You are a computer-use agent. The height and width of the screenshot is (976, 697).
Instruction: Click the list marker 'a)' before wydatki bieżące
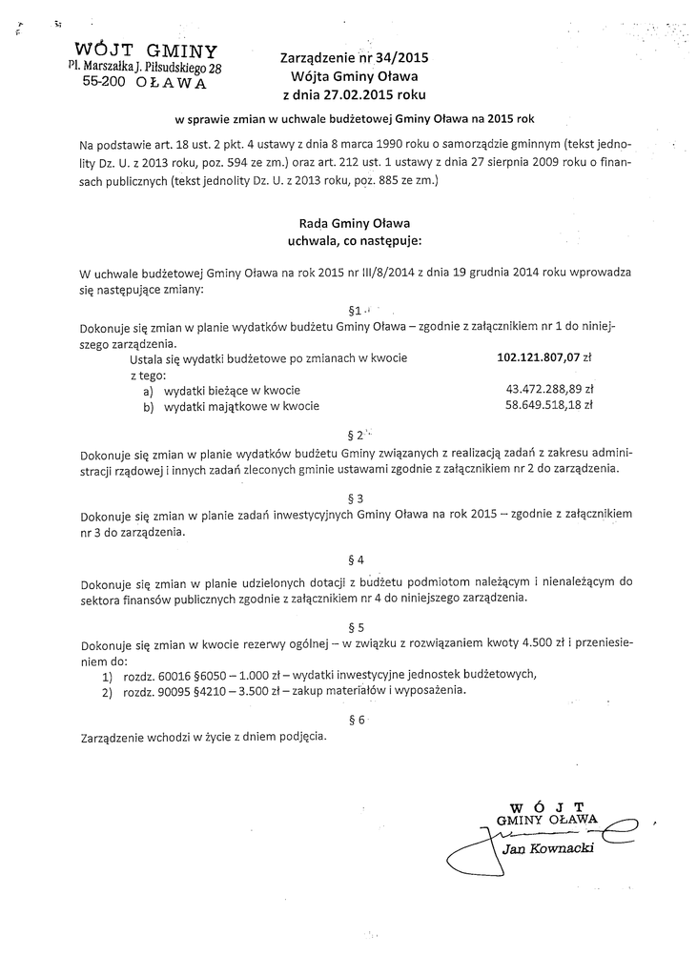tap(149, 390)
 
